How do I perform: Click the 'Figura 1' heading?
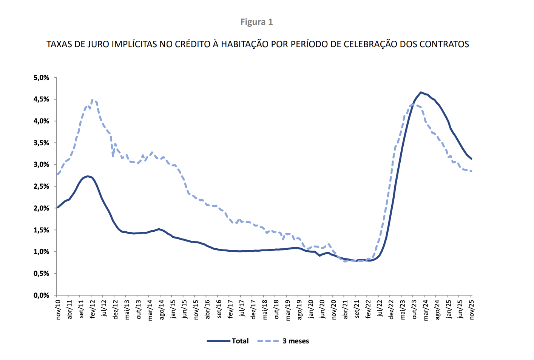(256, 22)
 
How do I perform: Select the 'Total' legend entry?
(240, 341)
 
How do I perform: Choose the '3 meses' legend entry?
(296, 341)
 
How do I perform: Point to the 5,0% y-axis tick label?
(42, 78)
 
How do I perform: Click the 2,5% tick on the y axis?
(42, 186)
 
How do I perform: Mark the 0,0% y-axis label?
(42, 295)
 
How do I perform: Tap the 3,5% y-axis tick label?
(42, 143)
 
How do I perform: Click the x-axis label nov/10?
(58, 310)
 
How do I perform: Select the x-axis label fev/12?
(93, 310)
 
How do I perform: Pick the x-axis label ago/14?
(162, 310)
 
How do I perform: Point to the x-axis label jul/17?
(242, 309)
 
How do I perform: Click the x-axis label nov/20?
(334, 310)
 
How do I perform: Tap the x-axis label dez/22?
(391, 310)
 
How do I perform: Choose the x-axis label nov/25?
(472, 310)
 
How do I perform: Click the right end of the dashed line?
(471, 171)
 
